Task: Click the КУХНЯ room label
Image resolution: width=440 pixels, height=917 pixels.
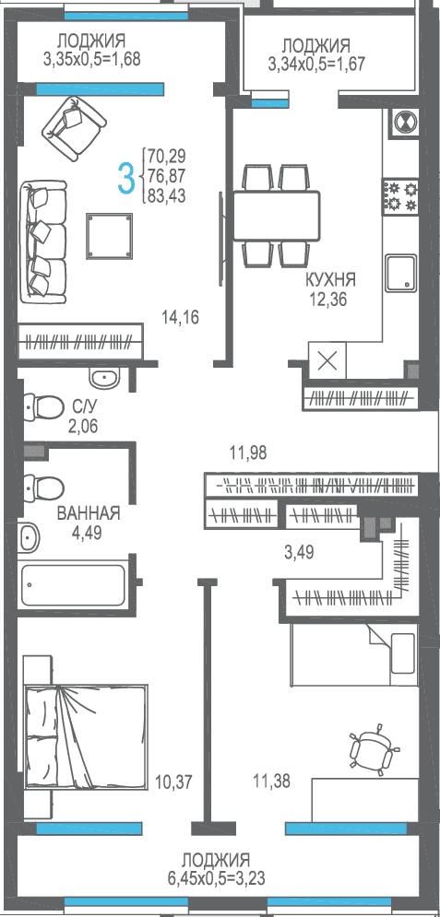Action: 330,279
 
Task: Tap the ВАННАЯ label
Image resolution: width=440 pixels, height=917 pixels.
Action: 89,513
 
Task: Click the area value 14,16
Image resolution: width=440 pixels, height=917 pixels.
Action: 181,318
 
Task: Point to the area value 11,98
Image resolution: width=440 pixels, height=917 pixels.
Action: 247,453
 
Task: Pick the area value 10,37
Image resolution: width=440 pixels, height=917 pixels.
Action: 173,781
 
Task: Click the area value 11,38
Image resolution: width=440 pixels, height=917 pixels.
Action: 271,781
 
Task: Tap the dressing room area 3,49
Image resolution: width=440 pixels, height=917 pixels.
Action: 298,551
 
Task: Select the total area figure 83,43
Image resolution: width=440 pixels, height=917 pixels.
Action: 167,196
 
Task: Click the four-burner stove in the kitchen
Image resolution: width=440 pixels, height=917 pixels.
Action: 401,196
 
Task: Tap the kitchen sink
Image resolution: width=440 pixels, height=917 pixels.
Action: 401,273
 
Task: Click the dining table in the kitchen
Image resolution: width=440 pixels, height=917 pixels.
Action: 276,216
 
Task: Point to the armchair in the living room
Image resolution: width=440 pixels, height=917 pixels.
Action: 74,128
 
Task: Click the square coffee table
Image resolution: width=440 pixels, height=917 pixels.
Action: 110,236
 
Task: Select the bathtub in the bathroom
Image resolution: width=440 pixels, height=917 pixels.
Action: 73,585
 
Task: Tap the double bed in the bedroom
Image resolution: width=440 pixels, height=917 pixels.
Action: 85,736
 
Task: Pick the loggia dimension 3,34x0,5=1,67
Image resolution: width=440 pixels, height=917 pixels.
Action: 316,63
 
